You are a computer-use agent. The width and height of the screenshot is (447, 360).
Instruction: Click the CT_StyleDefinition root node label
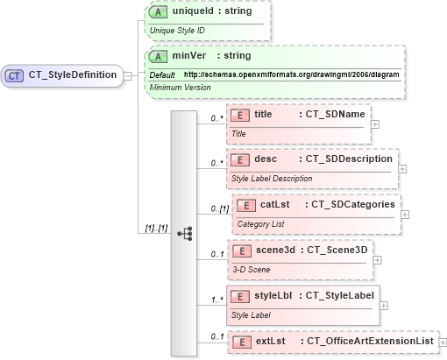click(73, 75)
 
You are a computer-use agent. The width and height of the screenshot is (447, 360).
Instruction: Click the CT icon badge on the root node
click(15, 75)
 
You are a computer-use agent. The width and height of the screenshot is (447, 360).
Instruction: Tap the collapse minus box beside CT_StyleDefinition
click(128, 75)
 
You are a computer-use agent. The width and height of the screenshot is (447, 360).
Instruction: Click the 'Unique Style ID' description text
click(177, 30)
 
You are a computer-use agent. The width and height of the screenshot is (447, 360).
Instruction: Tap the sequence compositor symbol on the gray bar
click(184, 233)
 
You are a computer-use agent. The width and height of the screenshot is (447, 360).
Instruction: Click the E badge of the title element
click(239, 114)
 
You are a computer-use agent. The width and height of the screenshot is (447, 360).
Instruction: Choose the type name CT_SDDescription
click(348, 159)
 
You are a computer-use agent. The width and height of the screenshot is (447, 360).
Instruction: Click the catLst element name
click(274, 205)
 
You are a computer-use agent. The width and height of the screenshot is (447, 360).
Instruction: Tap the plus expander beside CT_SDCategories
click(405, 214)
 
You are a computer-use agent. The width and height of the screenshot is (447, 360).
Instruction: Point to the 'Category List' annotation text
click(261, 223)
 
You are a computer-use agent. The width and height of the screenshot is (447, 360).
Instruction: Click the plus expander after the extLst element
click(442, 341)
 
